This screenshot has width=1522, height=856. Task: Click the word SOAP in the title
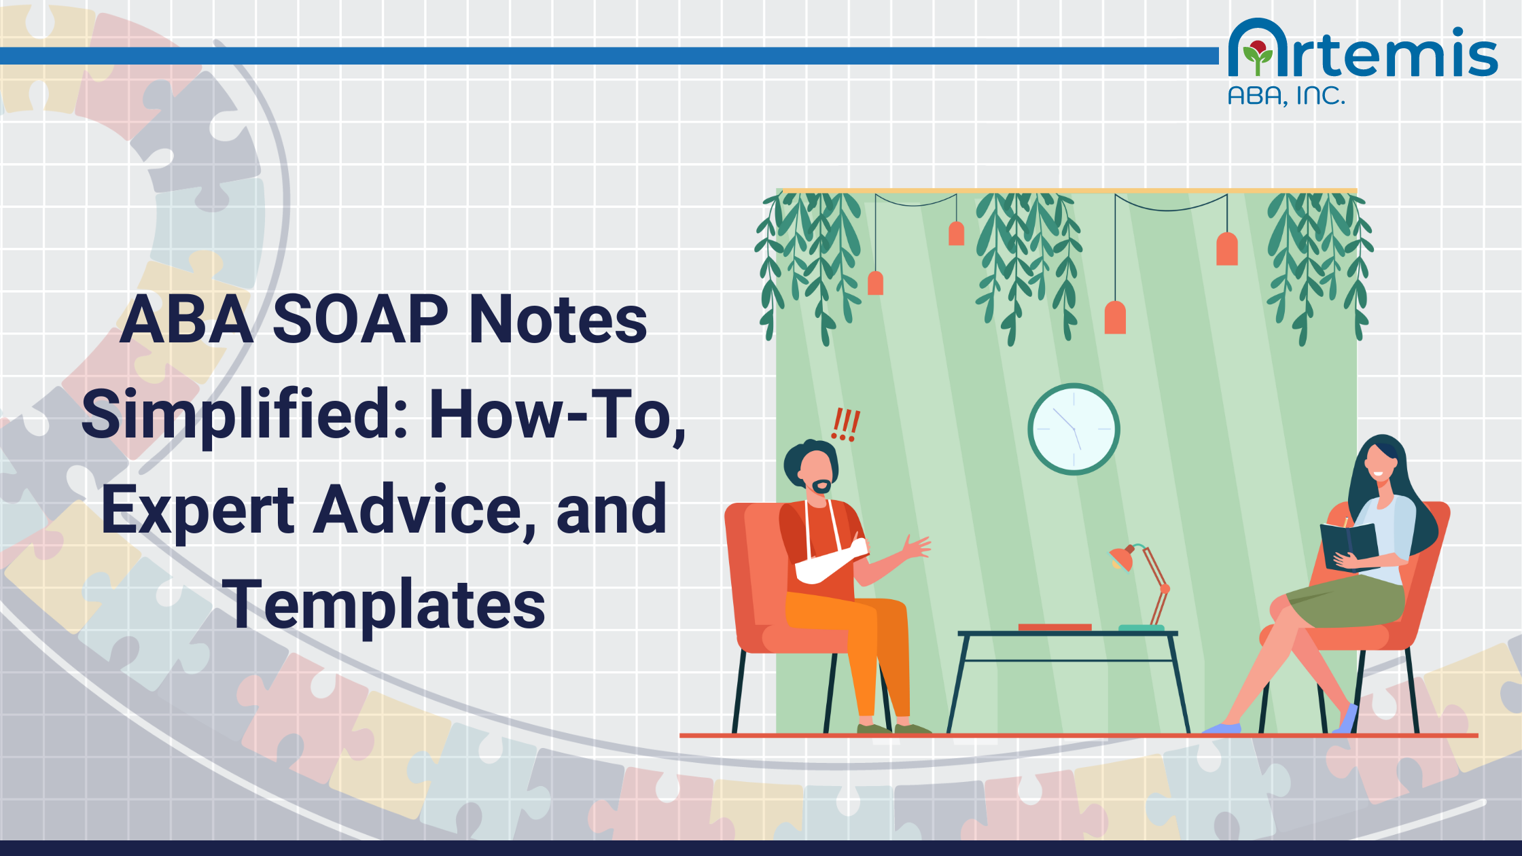point(360,319)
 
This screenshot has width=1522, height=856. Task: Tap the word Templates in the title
point(384,605)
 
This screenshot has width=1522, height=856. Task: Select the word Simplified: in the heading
point(245,414)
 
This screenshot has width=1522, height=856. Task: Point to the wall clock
point(1074,429)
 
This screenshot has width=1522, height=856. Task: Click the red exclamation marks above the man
point(846,425)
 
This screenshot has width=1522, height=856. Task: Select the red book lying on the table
point(1055,627)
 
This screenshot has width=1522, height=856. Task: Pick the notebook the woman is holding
point(1349,543)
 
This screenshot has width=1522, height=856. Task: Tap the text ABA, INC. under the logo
point(1286,96)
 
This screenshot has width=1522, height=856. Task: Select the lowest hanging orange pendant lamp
point(1115,318)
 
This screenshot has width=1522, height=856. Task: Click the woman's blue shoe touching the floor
point(1223,728)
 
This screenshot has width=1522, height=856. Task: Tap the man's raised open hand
point(917,547)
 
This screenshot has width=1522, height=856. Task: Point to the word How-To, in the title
point(557,414)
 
